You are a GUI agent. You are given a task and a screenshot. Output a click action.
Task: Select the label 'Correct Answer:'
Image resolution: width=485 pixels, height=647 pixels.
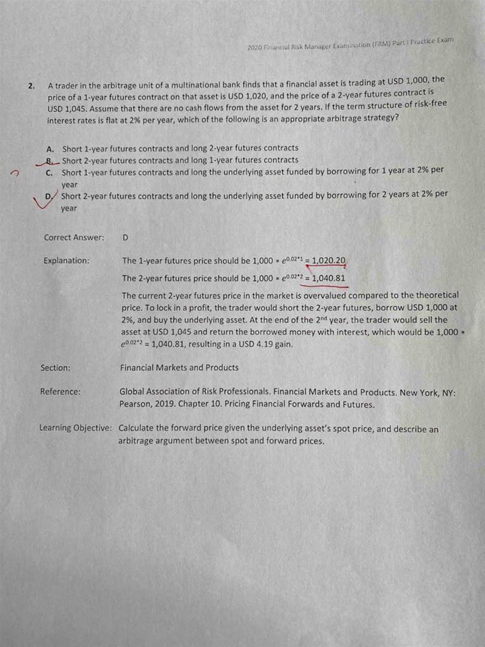coord(74,238)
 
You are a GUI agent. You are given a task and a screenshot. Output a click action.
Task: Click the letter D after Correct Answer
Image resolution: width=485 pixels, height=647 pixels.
coord(125,238)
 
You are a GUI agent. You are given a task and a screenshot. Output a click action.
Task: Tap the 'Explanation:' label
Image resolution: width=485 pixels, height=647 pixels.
coord(66,260)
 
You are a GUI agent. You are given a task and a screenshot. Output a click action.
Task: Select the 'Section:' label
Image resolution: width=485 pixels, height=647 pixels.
coord(56,367)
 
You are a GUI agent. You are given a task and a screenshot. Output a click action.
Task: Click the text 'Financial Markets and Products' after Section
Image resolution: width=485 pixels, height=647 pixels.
coord(179,367)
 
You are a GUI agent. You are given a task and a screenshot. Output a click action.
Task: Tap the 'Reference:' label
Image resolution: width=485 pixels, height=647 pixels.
coord(61,392)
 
